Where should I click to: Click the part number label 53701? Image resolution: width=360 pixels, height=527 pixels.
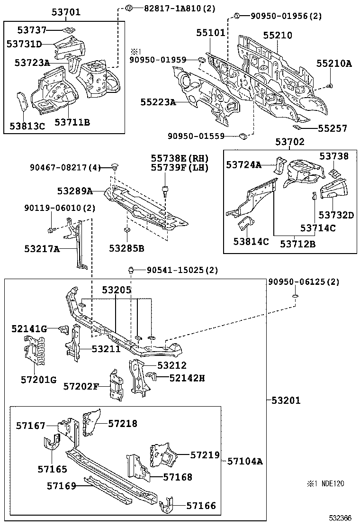66,12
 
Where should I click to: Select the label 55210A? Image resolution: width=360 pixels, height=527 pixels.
334,63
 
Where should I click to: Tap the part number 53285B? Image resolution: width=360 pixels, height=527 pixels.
126,248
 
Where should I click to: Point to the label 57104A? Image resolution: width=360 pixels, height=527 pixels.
244,461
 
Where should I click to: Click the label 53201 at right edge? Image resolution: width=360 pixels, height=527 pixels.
286,400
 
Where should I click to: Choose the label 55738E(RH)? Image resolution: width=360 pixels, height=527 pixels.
180,158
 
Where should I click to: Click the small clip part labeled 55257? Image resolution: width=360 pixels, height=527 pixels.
297,127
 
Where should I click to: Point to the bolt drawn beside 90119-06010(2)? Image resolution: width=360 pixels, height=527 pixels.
51,230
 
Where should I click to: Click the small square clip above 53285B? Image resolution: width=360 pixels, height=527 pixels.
126,231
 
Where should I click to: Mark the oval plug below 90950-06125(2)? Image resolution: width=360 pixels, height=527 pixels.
295,297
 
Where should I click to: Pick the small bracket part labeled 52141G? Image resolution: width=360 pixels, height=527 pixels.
62,329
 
